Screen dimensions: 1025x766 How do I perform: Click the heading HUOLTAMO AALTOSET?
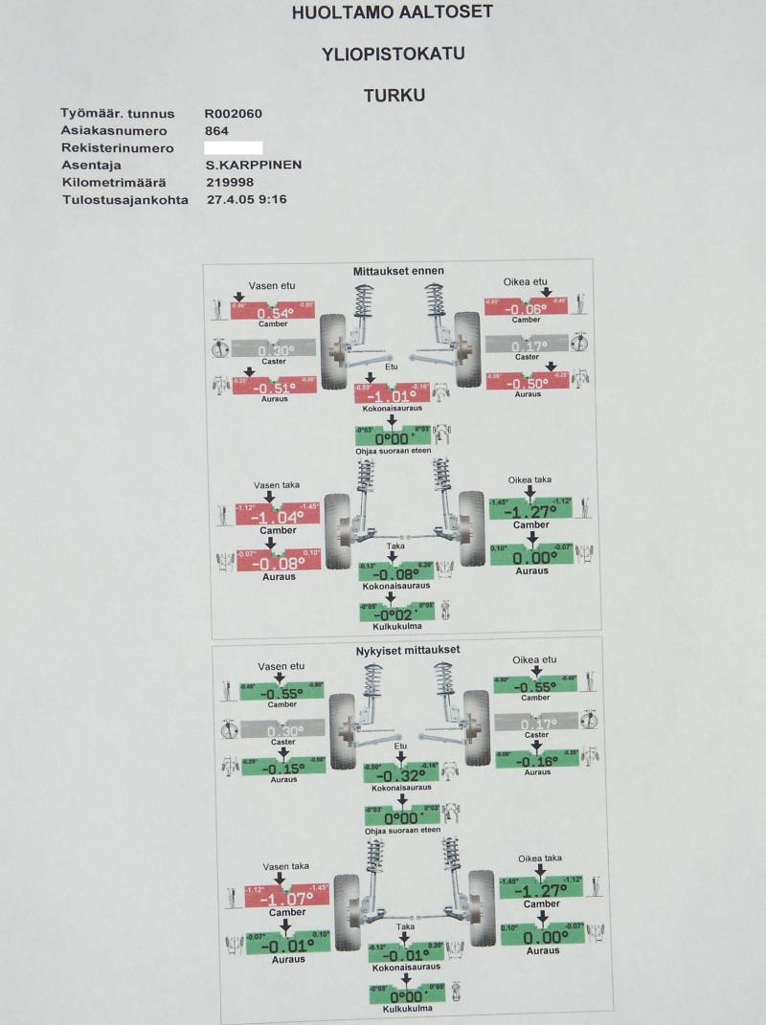[394, 13]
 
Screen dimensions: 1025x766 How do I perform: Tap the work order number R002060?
[234, 113]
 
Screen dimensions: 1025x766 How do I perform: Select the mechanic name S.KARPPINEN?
[254, 165]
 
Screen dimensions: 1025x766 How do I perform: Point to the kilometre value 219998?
[229, 182]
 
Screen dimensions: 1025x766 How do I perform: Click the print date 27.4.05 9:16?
[247, 200]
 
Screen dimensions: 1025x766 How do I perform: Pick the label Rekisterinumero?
[118, 148]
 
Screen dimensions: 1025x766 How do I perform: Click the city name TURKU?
[394, 96]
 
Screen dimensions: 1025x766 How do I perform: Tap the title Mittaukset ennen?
[399, 271]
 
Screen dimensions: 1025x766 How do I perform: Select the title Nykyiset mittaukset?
[406, 650]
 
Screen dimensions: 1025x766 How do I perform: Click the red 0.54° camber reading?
[275, 313]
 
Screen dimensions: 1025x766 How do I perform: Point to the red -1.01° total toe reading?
[392, 395]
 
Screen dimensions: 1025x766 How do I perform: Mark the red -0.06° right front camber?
[527, 308]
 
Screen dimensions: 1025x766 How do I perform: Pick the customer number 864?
[216, 130]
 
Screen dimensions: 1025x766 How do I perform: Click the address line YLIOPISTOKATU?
[394, 54]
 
